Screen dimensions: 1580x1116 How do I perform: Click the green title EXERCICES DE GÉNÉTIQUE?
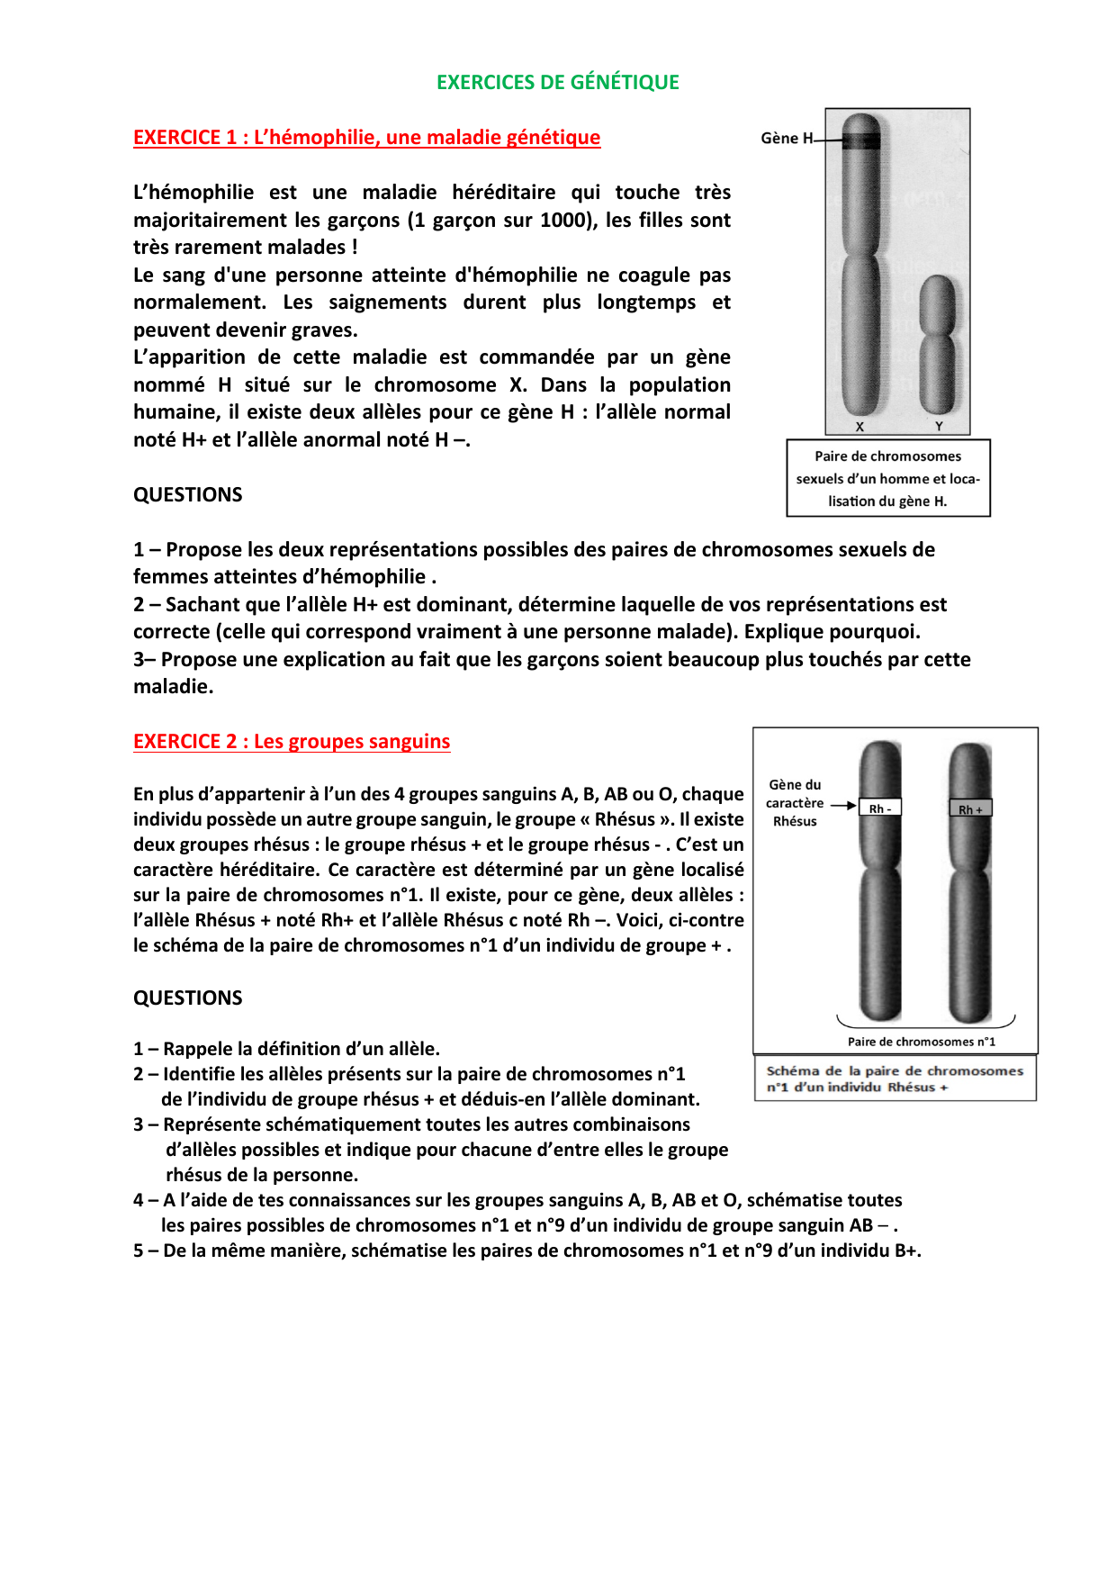click(557, 82)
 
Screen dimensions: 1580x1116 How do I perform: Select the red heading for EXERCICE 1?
click(366, 137)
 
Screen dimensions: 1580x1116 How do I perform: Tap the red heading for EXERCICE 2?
click(292, 741)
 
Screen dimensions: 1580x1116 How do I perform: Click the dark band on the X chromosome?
click(861, 140)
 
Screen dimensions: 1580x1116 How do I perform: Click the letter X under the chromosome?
click(859, 427)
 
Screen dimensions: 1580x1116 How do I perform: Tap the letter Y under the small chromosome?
click(939, 427)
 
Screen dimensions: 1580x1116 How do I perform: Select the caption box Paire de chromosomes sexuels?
click(888, 478)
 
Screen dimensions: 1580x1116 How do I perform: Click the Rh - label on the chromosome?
click(880, 808)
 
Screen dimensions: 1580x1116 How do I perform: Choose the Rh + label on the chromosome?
click(970, 809)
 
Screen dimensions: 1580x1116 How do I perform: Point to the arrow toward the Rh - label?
click(843, 806)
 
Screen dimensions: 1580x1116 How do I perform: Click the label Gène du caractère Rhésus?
click(795, 802)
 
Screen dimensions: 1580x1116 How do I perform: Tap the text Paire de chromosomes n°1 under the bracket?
click(921, 1042)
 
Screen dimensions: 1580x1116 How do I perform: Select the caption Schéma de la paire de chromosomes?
click(895, 1079)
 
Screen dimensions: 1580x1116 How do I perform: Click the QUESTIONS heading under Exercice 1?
click(188, 494)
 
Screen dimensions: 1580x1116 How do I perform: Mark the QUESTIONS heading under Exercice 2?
click(188, 998)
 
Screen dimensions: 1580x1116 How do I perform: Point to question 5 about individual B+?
click(527, 1250)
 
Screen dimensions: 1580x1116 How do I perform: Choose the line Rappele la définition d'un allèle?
click(287, 1049)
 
